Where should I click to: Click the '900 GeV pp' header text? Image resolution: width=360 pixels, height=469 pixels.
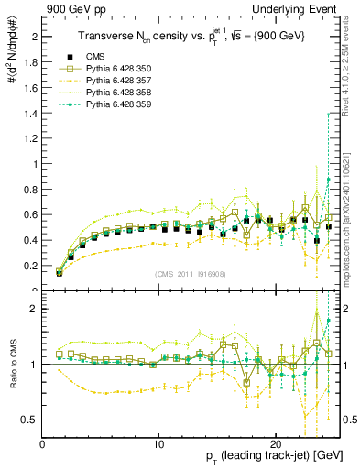point(69,8)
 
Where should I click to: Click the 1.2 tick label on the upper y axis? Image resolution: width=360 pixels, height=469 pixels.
point(31,139)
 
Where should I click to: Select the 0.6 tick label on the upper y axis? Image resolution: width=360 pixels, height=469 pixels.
point(31,215)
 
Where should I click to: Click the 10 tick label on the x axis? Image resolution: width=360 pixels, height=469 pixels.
point(158,444)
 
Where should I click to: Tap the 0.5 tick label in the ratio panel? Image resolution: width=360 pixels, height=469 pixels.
point(31,420)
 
